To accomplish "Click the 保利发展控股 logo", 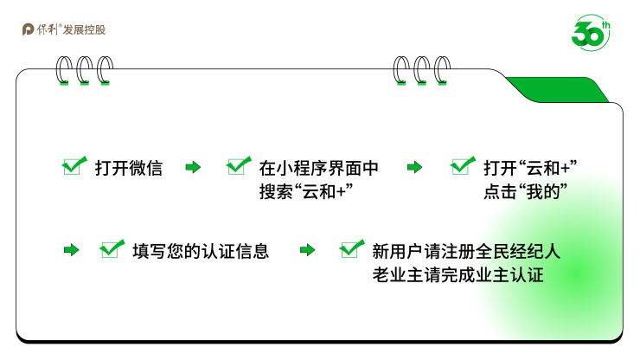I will (64, 30).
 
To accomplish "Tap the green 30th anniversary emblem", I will (591, 31).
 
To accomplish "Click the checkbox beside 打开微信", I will (74, 166).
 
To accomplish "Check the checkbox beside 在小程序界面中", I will (238, 166).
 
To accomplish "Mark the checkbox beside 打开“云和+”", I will (463, 166).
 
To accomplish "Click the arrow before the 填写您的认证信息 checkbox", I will (71, 251).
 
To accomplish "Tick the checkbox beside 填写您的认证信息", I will (112, 249).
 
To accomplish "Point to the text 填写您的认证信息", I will (201, 251).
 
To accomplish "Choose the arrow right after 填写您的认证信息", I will (307, 251).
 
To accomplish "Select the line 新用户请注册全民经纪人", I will (466, 251).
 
